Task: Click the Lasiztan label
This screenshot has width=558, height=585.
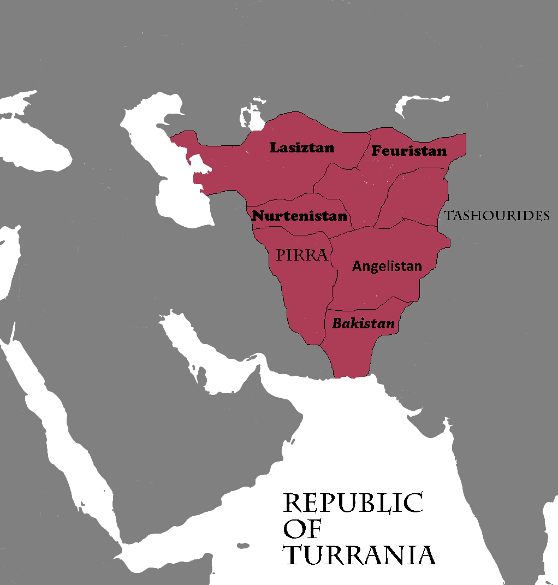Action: [302, 147]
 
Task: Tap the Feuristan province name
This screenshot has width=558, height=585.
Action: [409, 151]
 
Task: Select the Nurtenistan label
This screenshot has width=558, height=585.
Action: [299, 216]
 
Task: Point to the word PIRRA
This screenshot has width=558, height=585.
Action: [302, 255]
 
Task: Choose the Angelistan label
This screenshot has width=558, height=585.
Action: [387, 266]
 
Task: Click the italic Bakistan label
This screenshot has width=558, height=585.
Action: [363, 323]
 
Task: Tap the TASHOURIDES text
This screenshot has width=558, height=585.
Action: [496, 216]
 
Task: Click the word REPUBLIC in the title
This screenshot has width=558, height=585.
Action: [353, 503]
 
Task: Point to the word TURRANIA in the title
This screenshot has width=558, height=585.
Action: [360, 555]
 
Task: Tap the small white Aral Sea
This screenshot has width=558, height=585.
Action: [250, 117]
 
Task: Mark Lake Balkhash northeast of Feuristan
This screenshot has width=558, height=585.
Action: [423, 104]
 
